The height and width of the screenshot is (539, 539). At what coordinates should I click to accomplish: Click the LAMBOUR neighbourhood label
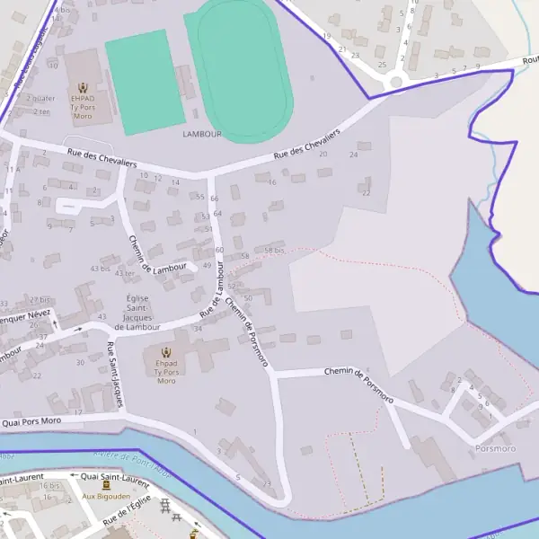click(x=201, y=134)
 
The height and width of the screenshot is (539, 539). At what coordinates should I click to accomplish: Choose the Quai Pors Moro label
click(x=31, y=420)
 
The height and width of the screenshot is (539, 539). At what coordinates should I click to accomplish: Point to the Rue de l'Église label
click(x=128, y=513)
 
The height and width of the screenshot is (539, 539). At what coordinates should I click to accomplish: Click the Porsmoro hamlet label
click(x=495, y=447)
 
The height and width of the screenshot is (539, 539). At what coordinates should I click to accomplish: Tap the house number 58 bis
click(x=274, y=251)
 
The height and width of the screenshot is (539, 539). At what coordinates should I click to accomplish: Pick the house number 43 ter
click(x=124, y=273)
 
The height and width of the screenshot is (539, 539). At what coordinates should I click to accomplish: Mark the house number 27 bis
click(x=40, y=299)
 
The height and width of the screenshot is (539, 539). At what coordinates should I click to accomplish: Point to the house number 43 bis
click(x=99, y=269)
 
